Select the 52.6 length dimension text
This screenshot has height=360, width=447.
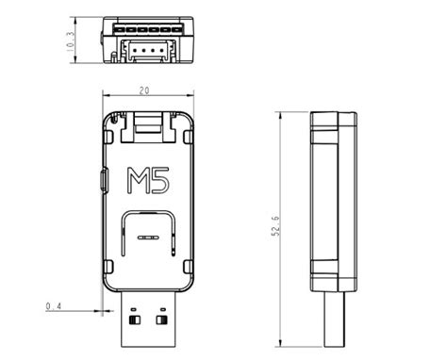(x=274, y=228)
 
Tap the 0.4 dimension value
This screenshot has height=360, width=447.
(x=55, y=306)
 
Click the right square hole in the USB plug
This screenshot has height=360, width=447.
(x=161, y=321)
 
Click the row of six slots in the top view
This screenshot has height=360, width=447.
(x=148, y=29)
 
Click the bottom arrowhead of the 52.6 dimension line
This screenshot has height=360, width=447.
(x=280, y=345)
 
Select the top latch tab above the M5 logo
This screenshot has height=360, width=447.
(x=148, y=122)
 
